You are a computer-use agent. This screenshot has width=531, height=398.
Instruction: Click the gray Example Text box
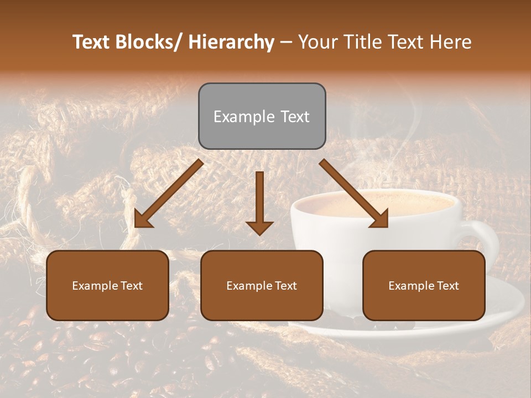262,116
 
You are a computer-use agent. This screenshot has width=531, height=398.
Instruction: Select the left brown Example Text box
107,285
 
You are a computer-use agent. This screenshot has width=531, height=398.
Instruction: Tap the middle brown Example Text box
262,285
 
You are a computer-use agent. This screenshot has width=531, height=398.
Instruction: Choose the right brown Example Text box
424,285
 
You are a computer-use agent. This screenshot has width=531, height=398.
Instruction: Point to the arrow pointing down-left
169,193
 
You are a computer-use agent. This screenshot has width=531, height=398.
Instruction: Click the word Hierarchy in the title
231,42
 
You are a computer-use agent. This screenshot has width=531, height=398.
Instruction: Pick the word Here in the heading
452,42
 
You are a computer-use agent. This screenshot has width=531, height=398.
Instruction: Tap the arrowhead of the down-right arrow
379,219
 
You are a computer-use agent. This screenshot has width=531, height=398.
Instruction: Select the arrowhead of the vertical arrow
259,228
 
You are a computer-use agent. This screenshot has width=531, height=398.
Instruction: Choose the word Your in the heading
317,42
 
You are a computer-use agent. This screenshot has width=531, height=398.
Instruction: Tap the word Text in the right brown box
447,285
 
